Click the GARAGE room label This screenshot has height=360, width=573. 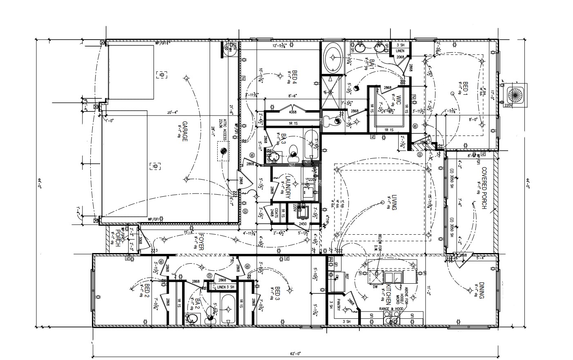coord(184,131)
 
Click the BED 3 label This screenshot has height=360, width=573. coord(277,293)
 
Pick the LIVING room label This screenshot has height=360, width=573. coord(394,202)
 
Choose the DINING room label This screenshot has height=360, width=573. coord(482,291)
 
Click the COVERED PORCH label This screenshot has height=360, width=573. coord(484,188)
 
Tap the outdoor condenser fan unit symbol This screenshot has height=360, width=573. coord(516,95)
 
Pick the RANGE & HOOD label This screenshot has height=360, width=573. coord(391,309)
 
